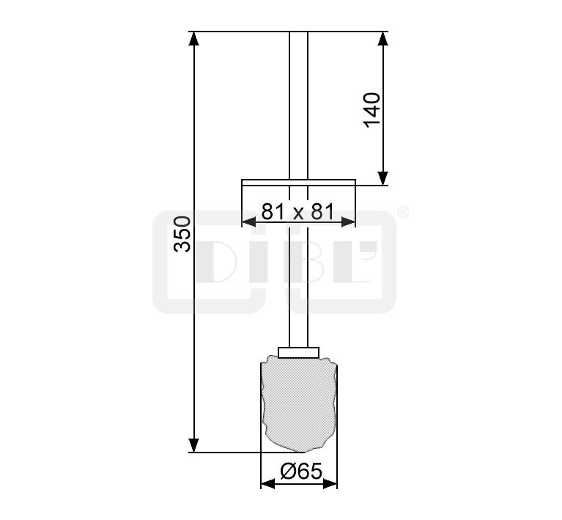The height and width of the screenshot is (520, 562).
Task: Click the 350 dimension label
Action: (182, 234)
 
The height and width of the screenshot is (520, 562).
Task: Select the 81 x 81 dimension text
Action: (297, 211)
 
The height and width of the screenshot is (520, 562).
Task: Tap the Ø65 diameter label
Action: (301, 471)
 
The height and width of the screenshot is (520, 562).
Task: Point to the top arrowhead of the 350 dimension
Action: (194, 39)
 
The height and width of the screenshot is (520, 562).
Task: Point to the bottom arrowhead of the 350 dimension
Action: (194, 445)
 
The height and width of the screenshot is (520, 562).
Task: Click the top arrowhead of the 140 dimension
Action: (383, 39)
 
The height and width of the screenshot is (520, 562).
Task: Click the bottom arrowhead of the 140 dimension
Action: (383, 178)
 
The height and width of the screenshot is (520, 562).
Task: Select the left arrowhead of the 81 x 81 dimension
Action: (249, 222)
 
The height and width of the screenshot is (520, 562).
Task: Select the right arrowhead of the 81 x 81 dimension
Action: (348, 222)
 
